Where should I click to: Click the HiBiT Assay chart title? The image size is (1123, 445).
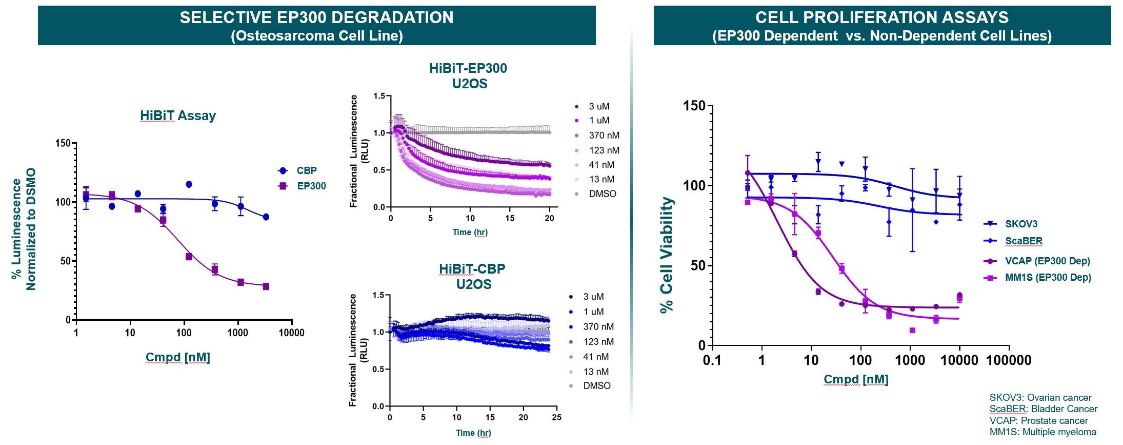click(177, 115)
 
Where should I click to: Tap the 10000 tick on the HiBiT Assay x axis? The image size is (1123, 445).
click(291, 333)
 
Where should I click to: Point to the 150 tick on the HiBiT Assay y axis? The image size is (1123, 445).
click(63, 143)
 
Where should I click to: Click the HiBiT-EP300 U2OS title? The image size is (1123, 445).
click(468, 75)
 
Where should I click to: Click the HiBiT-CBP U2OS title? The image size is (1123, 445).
click(472, 276)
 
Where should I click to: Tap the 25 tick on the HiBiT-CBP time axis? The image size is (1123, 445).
click(556, 417)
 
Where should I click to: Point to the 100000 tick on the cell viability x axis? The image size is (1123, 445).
click(1009, 360)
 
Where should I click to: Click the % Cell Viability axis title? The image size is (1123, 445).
click(666, 255)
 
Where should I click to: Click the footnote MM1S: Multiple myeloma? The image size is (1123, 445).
click(1042, 432)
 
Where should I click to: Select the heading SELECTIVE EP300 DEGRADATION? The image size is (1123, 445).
click(316, 17)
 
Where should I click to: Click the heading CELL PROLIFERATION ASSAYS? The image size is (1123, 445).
click(881, 17)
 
